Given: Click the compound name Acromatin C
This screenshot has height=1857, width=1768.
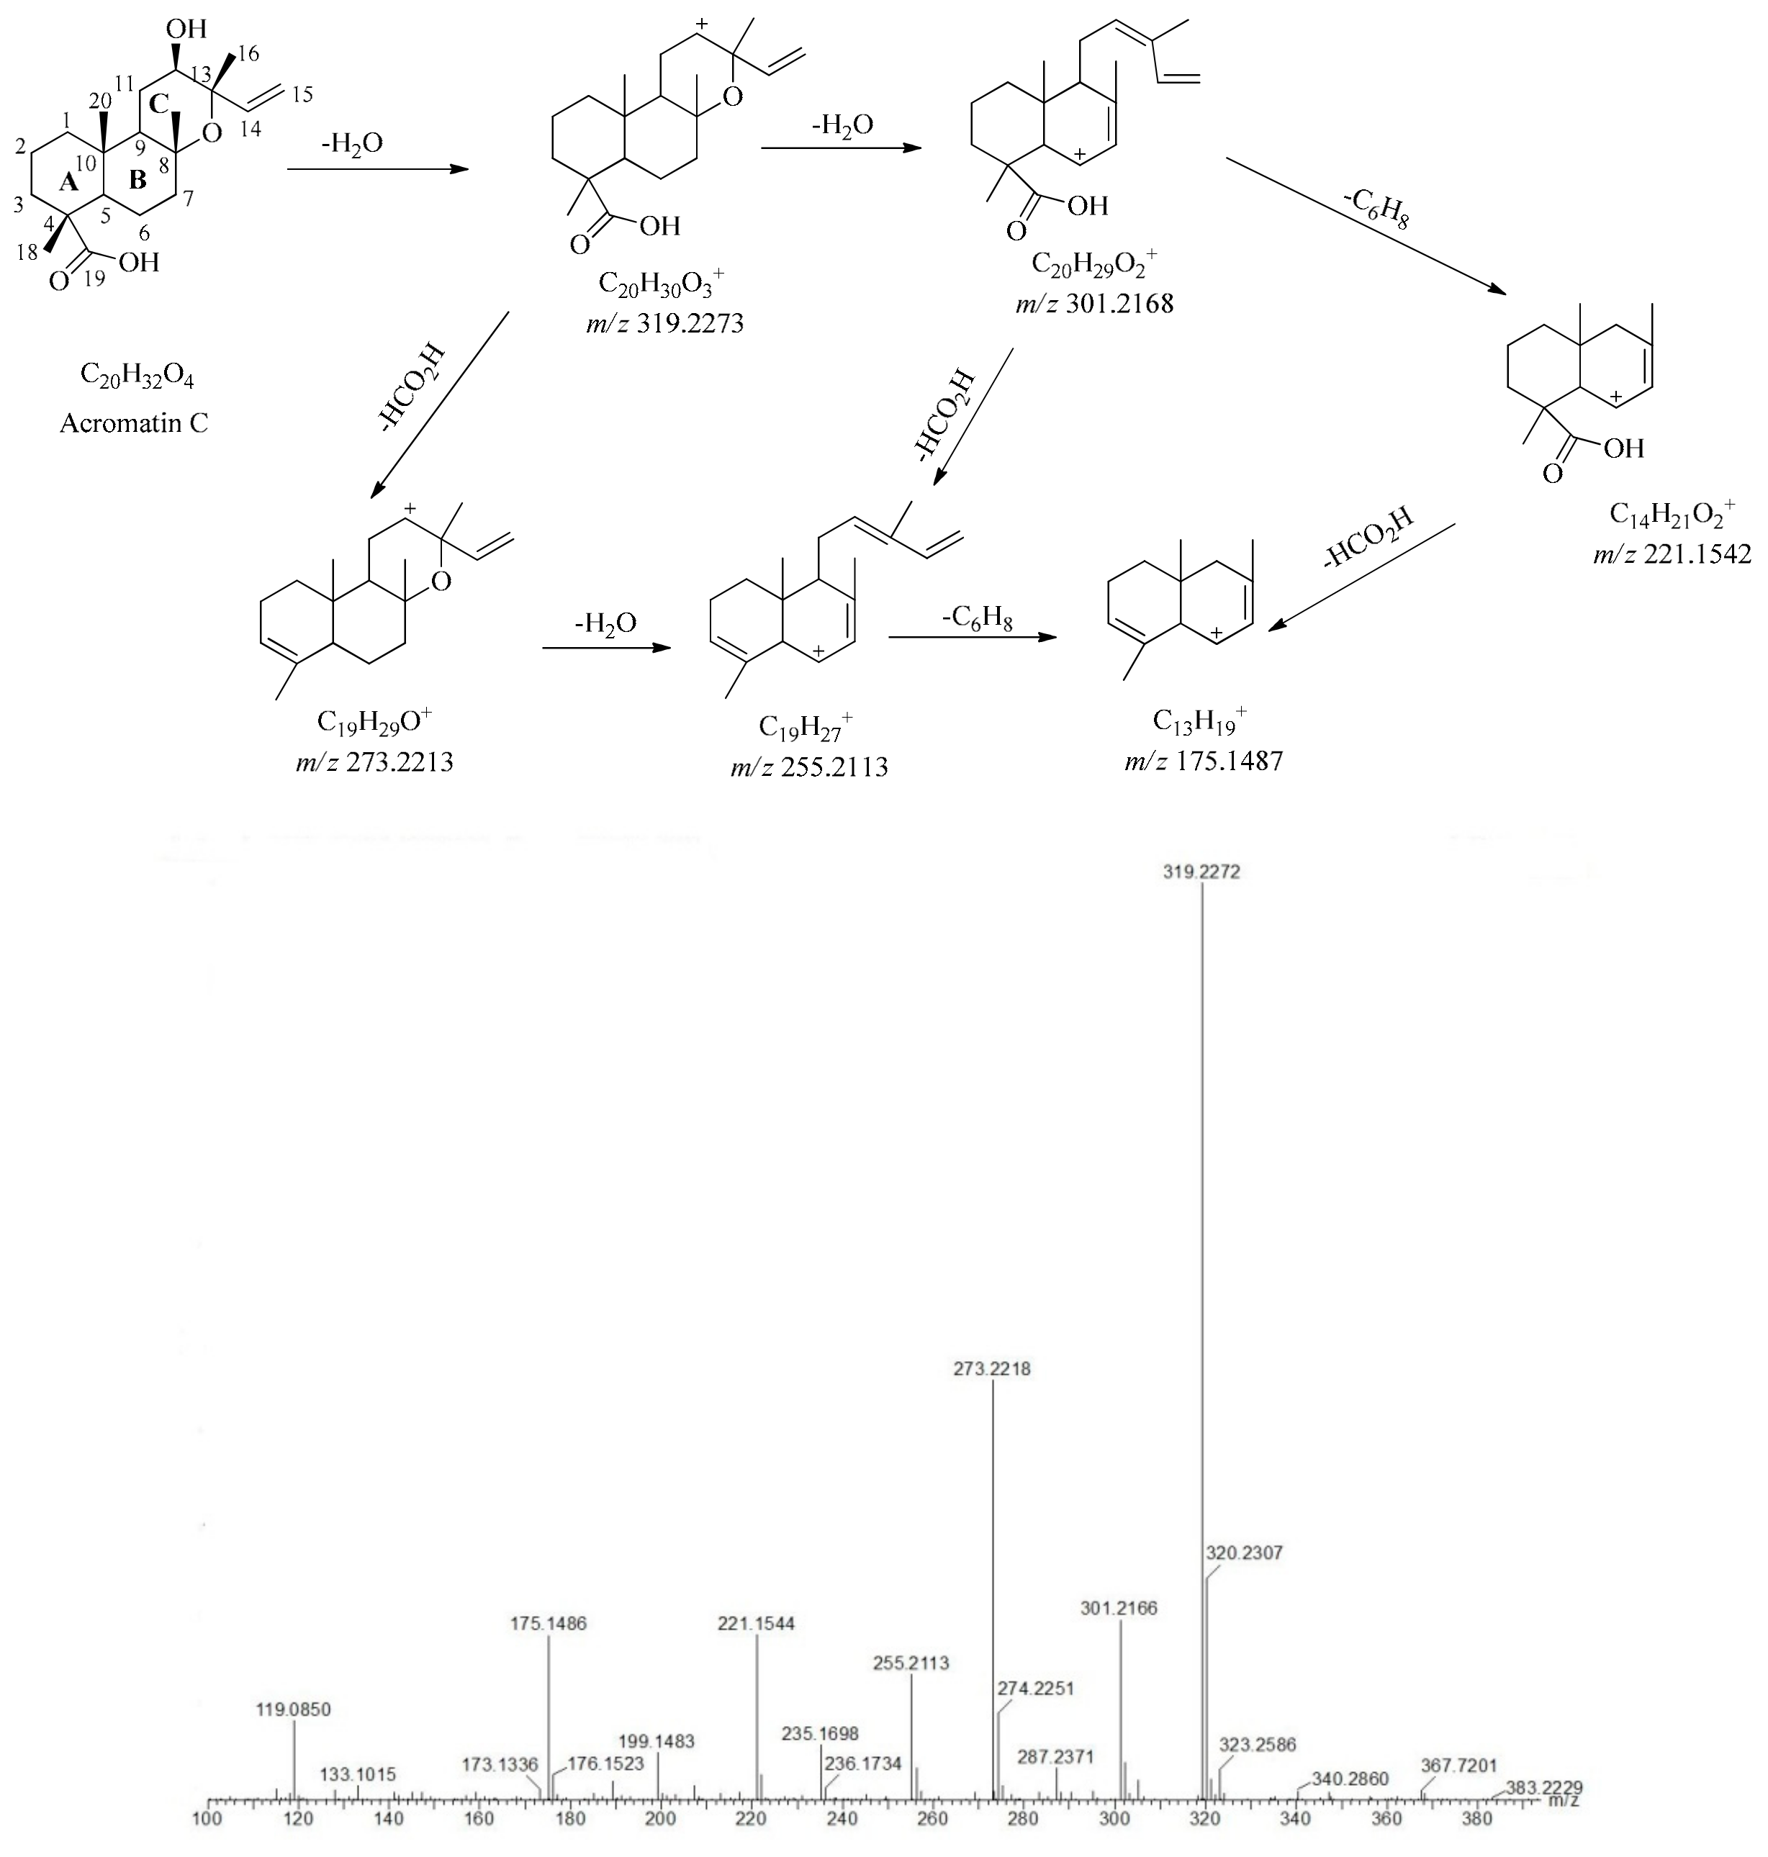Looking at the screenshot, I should tap(134, 423).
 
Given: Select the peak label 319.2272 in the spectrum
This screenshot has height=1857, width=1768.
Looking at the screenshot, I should tap(1201, 872).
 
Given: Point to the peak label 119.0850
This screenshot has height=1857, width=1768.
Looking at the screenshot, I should tap(294, 1709).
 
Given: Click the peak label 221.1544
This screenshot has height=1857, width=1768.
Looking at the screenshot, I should tap(756, 1623).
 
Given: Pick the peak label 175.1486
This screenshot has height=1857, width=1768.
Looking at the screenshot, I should tap(549, 1623).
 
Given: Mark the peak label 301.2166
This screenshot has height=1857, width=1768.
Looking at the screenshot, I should tap(1119, 1607).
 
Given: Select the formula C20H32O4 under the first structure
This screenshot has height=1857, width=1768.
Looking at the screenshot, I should tap(137, 376).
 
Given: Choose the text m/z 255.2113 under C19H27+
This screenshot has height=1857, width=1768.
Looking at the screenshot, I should tap(808, 767).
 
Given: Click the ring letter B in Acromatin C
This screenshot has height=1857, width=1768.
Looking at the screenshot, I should tap(137, 179).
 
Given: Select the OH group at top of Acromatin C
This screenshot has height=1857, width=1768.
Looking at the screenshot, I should tap(186, 28).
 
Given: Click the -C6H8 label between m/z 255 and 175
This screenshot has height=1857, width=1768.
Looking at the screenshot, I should tap(978, 619).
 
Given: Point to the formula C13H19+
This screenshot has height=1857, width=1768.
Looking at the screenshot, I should tap(1200, 720).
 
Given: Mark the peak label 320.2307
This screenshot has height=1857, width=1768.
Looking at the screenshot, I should tap(1244, 1552).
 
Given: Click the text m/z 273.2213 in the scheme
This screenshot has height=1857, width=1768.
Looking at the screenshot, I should tap(374, 762).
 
